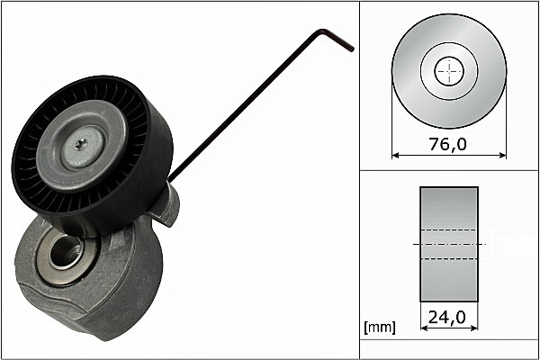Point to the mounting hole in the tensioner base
(x=65, y=253)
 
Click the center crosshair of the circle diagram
(x=449, y=72)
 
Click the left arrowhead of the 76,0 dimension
(x=397, y=155)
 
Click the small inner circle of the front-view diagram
(x=449, y=72)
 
